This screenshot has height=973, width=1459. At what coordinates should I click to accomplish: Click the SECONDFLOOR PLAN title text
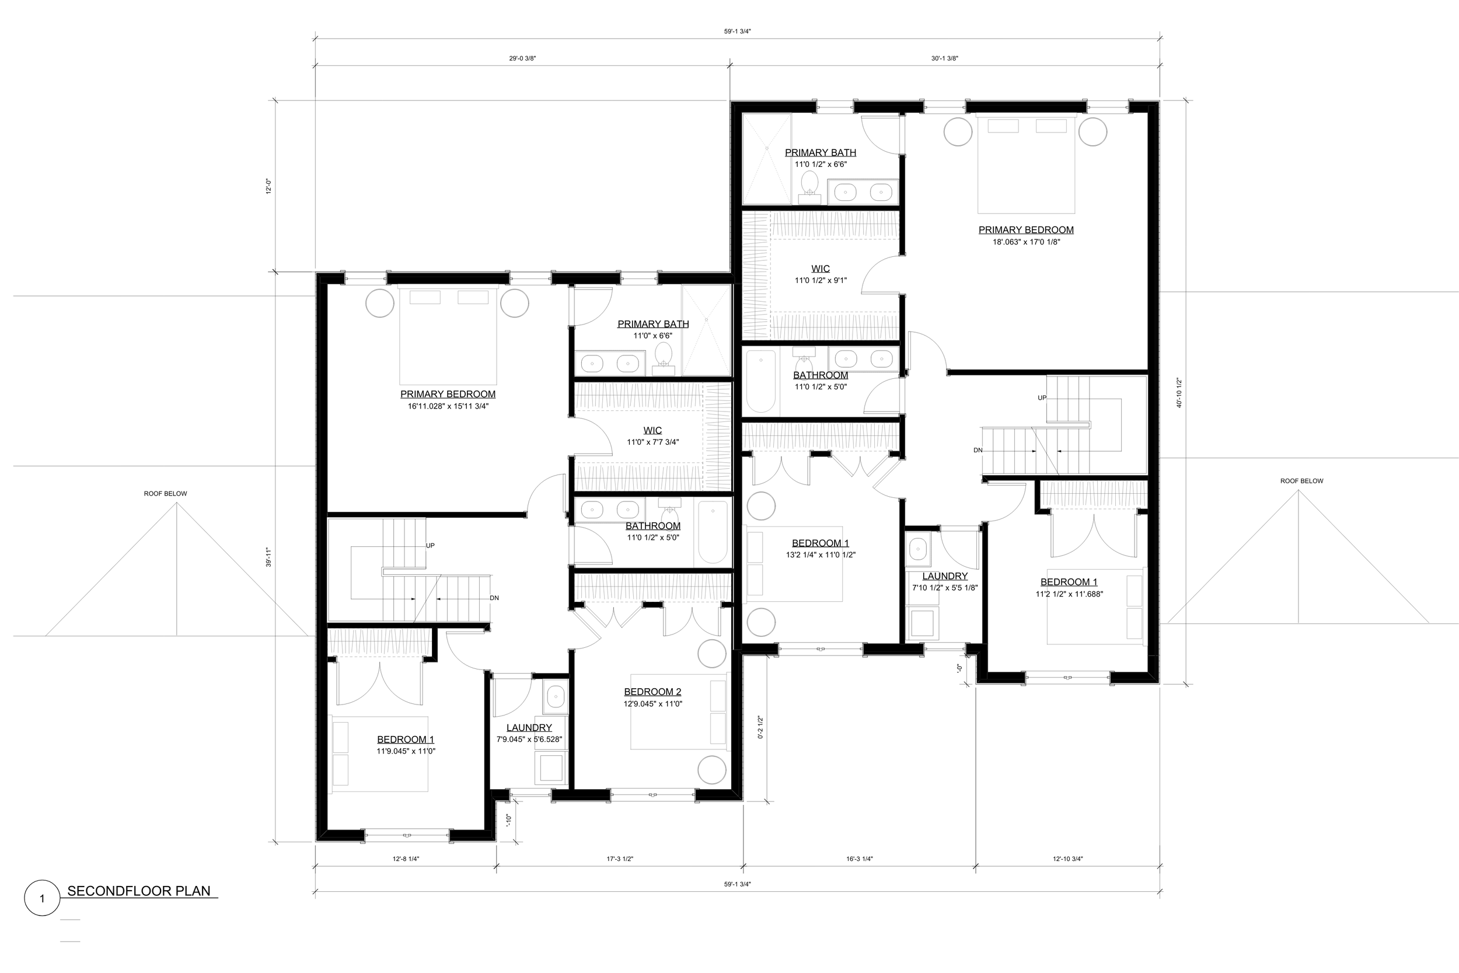click(x=138, y=891)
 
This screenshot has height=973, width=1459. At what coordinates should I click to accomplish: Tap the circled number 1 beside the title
click(x=41, y=898)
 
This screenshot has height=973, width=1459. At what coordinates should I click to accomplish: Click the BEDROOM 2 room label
click(x=652, y=692)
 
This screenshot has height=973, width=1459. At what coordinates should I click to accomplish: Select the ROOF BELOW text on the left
click(x=165, y=494)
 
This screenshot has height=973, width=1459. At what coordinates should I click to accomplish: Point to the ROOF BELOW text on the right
click(x=1301, y=481)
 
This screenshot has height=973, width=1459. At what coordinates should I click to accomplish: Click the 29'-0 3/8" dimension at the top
click(x=522, y=58)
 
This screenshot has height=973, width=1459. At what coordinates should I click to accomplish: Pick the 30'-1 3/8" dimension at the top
click(x=945, y=58)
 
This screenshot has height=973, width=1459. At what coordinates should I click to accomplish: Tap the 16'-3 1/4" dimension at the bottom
click(x=859, y=859)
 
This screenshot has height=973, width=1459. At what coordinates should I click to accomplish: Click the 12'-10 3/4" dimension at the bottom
click(x=1067, y=859)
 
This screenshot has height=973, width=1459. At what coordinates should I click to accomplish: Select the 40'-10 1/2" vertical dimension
click(x=1179, y=393)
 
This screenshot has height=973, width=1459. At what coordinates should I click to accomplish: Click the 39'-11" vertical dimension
click(x=268, y=557)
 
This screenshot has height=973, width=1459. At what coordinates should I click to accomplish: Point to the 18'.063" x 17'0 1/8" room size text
click(x=1026, y=242)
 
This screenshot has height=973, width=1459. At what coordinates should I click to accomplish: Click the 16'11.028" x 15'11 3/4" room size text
click(x=448, y=406)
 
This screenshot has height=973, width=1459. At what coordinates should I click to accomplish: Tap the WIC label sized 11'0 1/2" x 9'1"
click(x=820, y=268)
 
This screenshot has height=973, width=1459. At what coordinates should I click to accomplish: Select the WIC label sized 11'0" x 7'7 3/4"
click(x=652, y=430)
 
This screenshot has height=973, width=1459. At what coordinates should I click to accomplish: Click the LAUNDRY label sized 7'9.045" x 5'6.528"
click(x=529, y=728)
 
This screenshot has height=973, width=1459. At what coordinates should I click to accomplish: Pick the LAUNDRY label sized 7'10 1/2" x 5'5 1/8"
click(x=944, y=576)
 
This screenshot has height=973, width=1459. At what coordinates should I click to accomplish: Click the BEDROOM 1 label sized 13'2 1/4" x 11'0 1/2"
click(x=820, y=543)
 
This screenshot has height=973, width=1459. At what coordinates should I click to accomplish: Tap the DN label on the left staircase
click(x=494, y=598)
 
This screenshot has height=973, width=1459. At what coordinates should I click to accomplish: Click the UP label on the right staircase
click(x=1042, y=397)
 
